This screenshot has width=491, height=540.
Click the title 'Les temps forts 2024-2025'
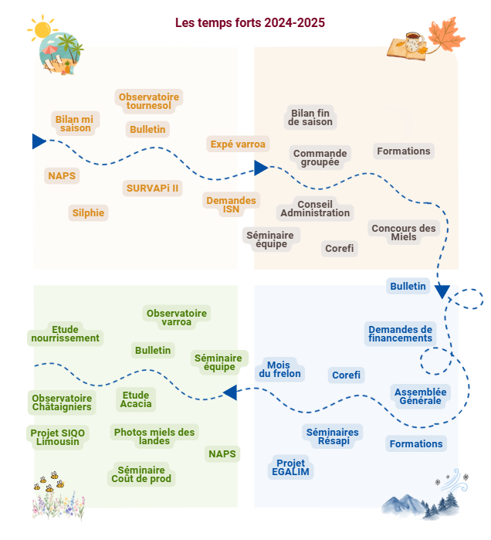pyautogui.click(x=250, y=23)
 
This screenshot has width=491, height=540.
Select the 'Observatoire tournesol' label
pyautogui.click(x=149, y=101)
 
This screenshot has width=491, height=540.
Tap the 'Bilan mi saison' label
pyautogui.click(x=74, y=124)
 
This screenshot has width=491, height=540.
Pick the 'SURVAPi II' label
pyautogui.click(x=152, y=188)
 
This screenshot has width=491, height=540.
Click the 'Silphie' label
pyautogui.click(x=89, y=212)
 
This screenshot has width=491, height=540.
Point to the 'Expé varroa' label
pyautogui.click(x=238, y=144)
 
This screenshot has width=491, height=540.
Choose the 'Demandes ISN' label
pyautogui.click(x=231, y=205)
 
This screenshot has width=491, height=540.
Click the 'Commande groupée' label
pyautogui.click(x=320, y=158)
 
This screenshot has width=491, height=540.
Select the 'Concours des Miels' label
pyautogui.click(x=404, y=232)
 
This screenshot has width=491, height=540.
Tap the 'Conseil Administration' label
pyautogui.click(x=315, y=209)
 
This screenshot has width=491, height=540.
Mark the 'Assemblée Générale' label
pyautogui.click(x=420, y=396)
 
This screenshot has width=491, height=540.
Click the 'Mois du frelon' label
pyautogui.click(x=280, y=369)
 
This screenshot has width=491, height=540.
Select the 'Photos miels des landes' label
pyautogui.click(x=154, y=436)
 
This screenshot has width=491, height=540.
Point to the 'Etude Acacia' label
pyautogui.click(x=136, y=399)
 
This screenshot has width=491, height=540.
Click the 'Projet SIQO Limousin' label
pyautogui.click(x=58, y=436)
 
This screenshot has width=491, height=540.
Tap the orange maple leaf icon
pyautogui.click(x=445, y=35)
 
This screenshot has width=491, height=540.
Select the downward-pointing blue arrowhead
pyautogui.click(x=442, y=291)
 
